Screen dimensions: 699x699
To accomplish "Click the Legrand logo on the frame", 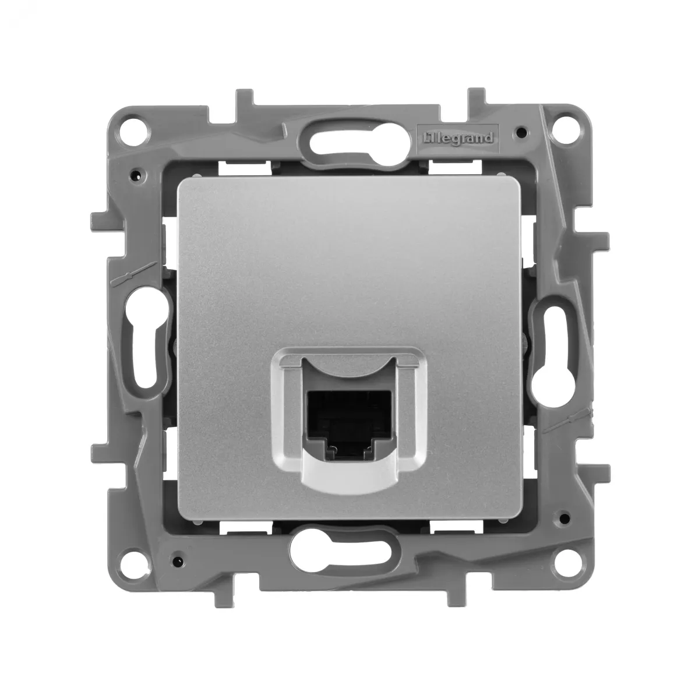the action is pos(458,139).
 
